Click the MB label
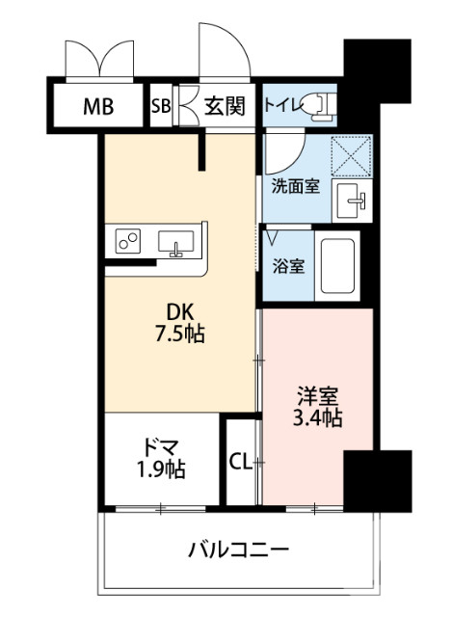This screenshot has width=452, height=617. click(97, 106)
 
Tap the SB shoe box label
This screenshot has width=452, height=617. click(161, 106)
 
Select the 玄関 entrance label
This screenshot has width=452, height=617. click(224, 106)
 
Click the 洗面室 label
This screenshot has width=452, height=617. click(295, 185)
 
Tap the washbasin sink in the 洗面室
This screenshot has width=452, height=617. click(350, 202)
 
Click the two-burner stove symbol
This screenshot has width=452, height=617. click(129, 240)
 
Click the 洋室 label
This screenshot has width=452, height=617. click(316, 395)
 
